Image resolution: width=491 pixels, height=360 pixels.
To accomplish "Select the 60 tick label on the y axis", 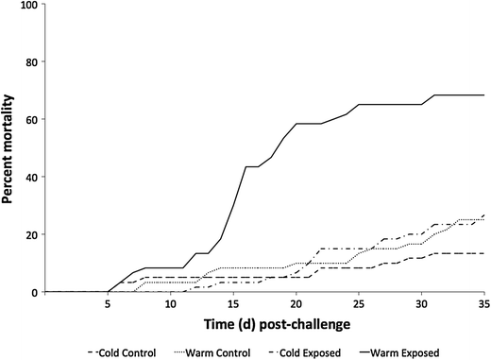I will [31, 120].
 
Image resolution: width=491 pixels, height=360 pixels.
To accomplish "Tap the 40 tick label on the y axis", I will [31, 178].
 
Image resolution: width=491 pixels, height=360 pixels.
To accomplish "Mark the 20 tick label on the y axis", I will [31, 234].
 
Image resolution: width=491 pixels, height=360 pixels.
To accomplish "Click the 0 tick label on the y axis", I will [35, 292].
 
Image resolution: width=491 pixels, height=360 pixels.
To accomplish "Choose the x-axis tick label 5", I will [109, 306].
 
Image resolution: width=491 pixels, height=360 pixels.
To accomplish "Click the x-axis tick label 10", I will [171, 306].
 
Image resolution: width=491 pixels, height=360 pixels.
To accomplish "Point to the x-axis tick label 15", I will [233, 306].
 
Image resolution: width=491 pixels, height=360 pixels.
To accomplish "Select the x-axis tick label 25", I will [359, 306].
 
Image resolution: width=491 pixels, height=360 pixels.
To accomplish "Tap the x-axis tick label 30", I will [421, 306].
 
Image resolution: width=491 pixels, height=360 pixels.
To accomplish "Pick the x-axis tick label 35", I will [483, 306].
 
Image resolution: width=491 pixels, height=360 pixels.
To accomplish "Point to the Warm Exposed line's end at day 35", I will [483, 95].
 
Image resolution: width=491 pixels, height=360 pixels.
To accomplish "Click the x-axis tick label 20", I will [296, 306].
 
